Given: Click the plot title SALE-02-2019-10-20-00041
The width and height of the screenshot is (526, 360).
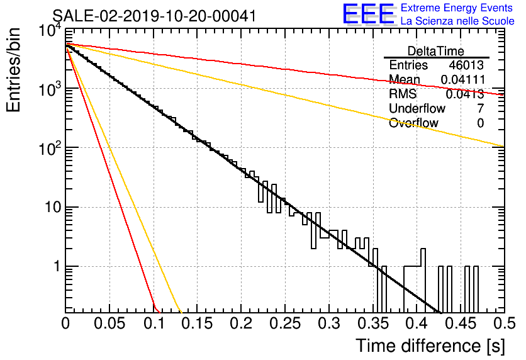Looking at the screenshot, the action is [154, 16].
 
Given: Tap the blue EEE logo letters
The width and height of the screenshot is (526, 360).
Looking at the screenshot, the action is [369, 14].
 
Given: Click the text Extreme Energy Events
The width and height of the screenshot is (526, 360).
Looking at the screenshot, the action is [457, 8].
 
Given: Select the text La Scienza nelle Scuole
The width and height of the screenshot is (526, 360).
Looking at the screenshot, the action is [457, 21].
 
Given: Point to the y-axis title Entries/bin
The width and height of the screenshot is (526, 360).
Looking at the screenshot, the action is [13, 70].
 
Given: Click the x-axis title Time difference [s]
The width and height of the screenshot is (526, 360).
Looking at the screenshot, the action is [430, 346].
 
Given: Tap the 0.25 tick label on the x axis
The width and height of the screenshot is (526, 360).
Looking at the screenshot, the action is [284, 323].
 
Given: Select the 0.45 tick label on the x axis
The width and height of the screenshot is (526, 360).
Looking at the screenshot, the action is [461, 323].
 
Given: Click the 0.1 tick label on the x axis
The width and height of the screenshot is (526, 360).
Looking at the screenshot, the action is [154, 323].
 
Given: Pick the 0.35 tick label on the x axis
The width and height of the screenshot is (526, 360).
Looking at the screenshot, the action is [372, 323].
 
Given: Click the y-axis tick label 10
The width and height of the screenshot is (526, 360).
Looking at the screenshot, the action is [53, 207].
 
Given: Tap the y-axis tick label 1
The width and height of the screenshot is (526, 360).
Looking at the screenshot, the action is [57, 267].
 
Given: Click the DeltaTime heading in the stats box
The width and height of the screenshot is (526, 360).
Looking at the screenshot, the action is [436, 52].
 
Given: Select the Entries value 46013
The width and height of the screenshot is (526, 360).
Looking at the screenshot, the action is [466, 65].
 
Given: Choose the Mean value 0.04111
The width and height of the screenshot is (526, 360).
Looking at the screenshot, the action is [462, 79].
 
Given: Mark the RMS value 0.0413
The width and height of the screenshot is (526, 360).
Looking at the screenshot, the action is [464, 94].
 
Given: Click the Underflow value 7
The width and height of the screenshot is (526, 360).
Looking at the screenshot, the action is [480, 108].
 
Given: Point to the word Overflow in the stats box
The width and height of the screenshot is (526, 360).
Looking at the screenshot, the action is [413, 123].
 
